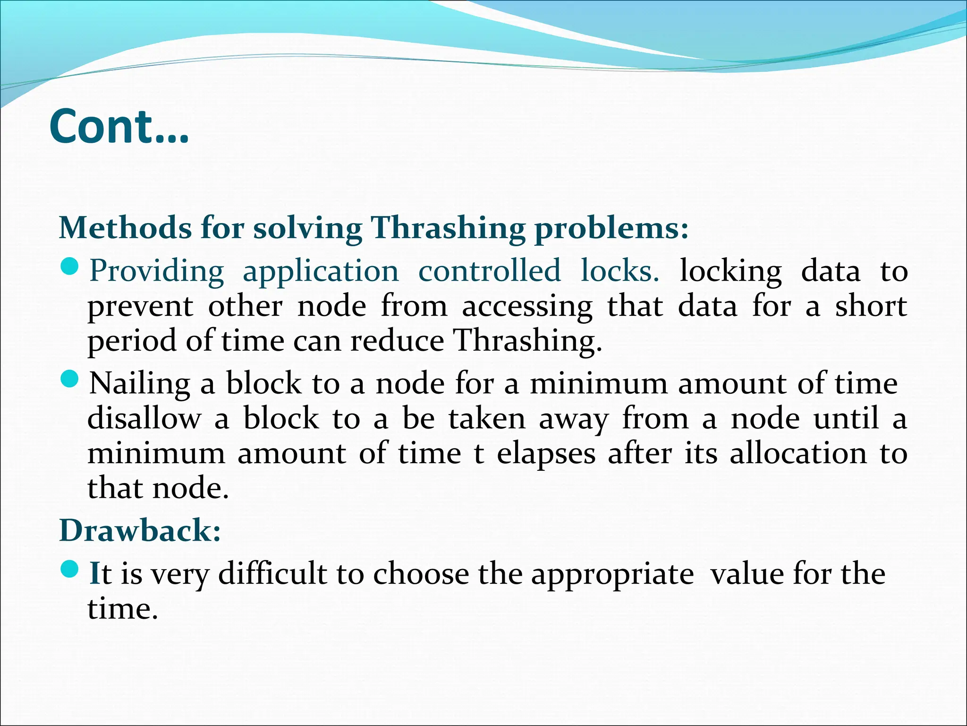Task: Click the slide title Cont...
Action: pyautogui.click(x=119, y=127)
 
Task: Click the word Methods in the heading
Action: pyautogui.click(x=125, y=228)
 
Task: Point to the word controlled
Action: pyautogui.click(x=490, y=271)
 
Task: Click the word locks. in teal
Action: pyautogui.click(x=619, y=271)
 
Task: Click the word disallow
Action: pyautogui.click(x=144, y=419)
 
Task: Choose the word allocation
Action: pyautogui.click(x=798, y=454)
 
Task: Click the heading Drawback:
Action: pyautogui.click(x=140, y=530)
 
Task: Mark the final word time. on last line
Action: pyautogui.click(x=122, y=609)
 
